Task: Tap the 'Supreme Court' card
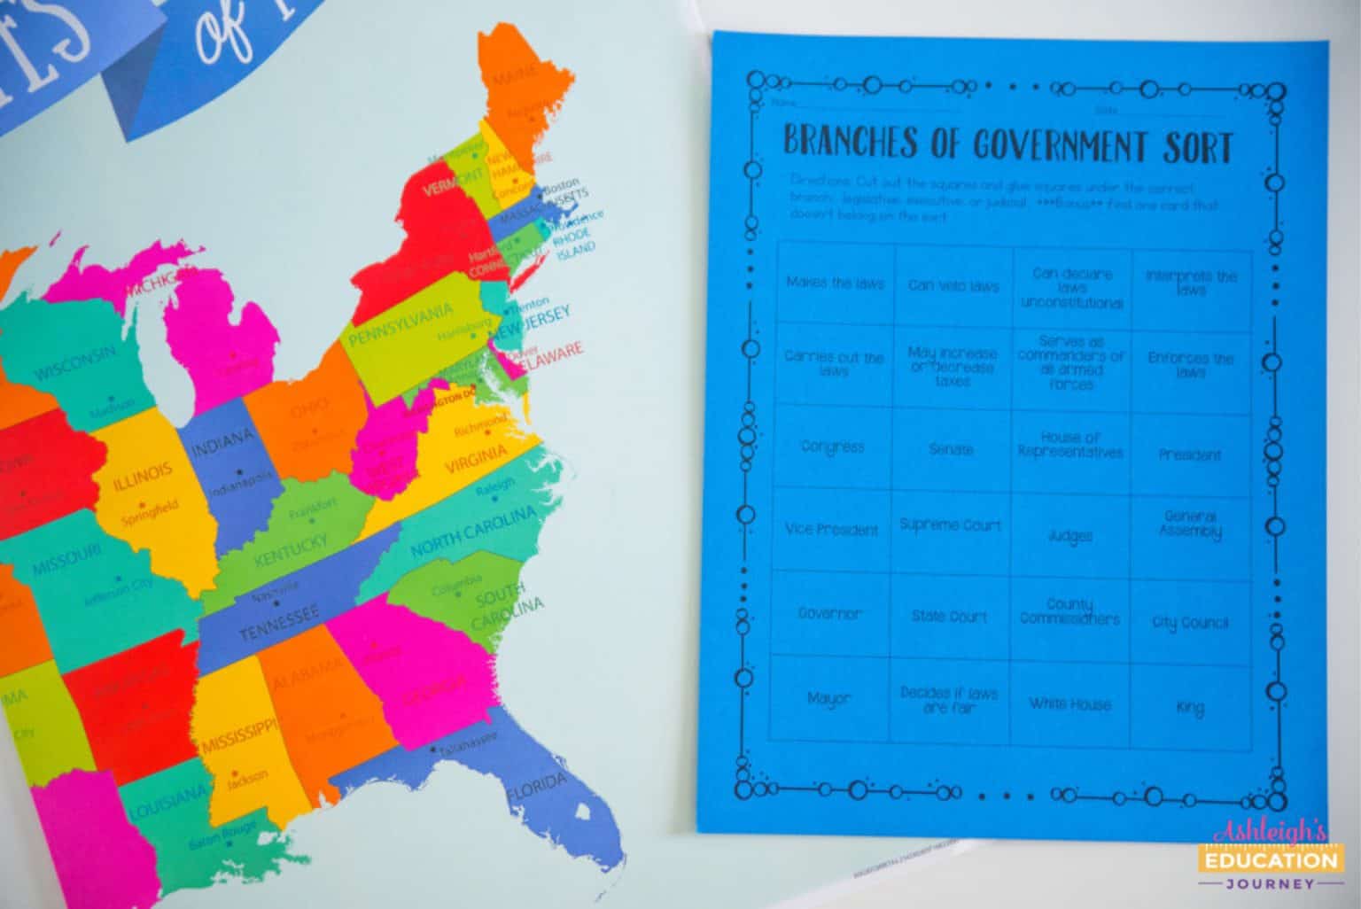coord(950,525)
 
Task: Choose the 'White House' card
coord(1069,704)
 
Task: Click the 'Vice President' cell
coord(831,530)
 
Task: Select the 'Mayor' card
coord(828,698)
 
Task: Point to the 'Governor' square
coord(829,613)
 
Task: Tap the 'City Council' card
coord(1190,622)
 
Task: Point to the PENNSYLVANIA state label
coord(401,325)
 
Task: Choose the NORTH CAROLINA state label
coord(473,530)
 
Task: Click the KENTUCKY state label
coord(291,550)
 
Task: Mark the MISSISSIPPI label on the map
coord(236,735)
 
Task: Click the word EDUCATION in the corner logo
coord(1270,859)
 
